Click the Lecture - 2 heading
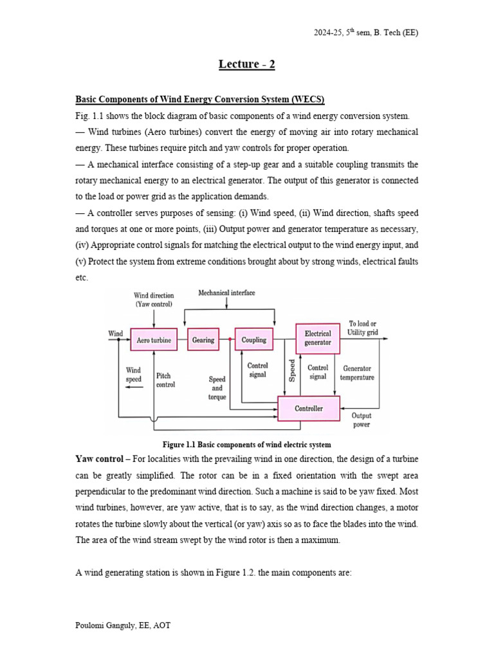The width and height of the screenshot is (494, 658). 246,64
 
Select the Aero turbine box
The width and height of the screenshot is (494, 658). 153,340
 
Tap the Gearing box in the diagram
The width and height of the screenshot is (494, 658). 203,340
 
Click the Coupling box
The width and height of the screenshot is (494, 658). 253,340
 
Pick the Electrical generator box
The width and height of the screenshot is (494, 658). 318,338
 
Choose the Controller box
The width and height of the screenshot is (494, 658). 309,408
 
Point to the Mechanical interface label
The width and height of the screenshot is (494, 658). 226,293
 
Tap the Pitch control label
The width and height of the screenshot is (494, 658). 165,380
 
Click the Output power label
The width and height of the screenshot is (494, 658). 361,420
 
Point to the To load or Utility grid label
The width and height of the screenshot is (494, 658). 362,328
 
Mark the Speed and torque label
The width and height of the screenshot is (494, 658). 217,388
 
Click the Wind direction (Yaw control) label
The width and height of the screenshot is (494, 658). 154,299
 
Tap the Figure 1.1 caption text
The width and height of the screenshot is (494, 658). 246,445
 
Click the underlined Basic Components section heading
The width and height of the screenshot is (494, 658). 200,100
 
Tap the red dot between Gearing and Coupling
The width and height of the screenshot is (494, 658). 230,340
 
